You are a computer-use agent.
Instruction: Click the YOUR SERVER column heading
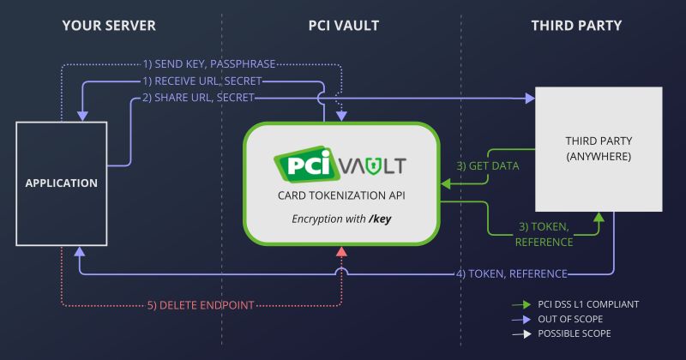109,26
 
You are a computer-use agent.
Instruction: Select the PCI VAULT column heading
343,26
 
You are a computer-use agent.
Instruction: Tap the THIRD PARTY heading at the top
575,26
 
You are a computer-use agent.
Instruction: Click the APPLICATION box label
61,183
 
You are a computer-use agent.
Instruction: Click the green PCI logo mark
301,165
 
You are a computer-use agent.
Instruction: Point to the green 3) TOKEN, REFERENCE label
545,234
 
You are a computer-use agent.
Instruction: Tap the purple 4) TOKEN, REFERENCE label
511,273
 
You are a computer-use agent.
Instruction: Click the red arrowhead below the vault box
342,249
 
